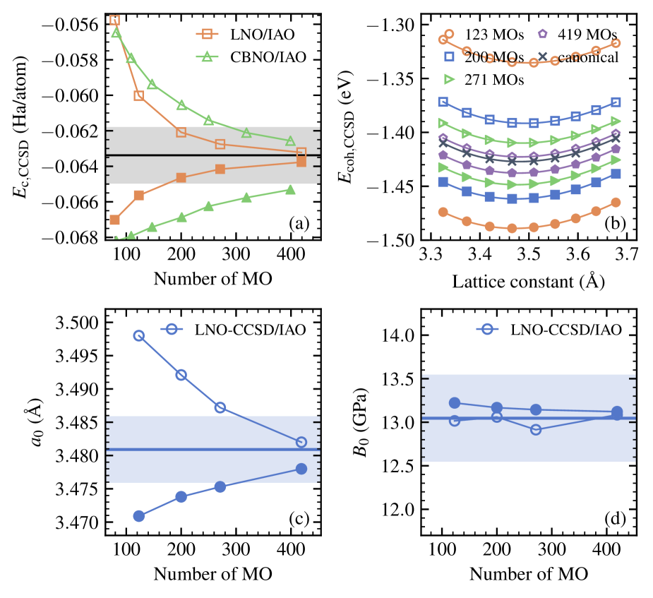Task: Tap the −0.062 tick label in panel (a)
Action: [73, 131]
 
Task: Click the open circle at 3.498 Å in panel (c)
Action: [139, 335]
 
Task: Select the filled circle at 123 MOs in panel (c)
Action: [139, 516]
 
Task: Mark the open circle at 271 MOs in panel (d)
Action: [536, 429]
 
